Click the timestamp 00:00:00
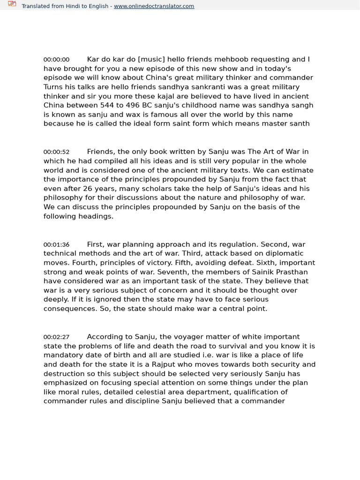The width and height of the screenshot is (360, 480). [x=56, y=60]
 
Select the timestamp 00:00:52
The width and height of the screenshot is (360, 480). [x=56, y=152]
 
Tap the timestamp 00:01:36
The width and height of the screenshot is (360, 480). [x=56, y=245]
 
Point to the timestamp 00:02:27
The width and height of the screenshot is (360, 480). [x=56, y=337]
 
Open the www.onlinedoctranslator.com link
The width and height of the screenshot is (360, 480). [x=154, y=6]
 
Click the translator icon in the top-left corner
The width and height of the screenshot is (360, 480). [x=12, y=5]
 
